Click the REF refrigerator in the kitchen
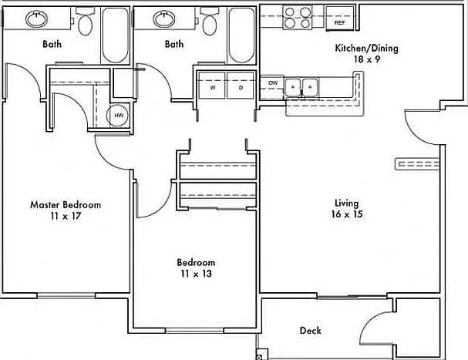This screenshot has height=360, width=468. click(x=340, y=19)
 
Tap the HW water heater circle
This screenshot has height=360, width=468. click(x=118, y=116)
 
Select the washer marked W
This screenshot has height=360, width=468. click(x=212, y=86)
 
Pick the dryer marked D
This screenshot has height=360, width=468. click(x=241, y=86)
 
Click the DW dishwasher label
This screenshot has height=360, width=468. click(x=273, y=83)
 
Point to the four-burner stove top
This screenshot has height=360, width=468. click(x=298, y=17)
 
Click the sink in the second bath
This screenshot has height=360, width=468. click(x=164, y=19)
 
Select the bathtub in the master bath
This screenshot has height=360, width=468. click(x=115, y=35)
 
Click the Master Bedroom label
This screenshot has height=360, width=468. click(x=66, y=205)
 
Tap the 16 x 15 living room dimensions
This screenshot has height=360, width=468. click(x=347, y=214)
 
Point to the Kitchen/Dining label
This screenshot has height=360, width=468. click(x=366, y=48)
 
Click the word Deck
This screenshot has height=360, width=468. click(x=311, y=331)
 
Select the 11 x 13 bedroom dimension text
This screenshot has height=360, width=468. click(x=196, y=274)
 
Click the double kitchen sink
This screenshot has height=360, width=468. click(x=301, y=87)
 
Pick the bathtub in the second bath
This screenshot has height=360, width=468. click(x=241, y=35)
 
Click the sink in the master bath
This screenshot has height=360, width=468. click(x=37, y=19)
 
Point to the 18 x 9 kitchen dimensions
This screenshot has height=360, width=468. click(x=367, y=59)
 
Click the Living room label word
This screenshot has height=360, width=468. click(x=346, y=204)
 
